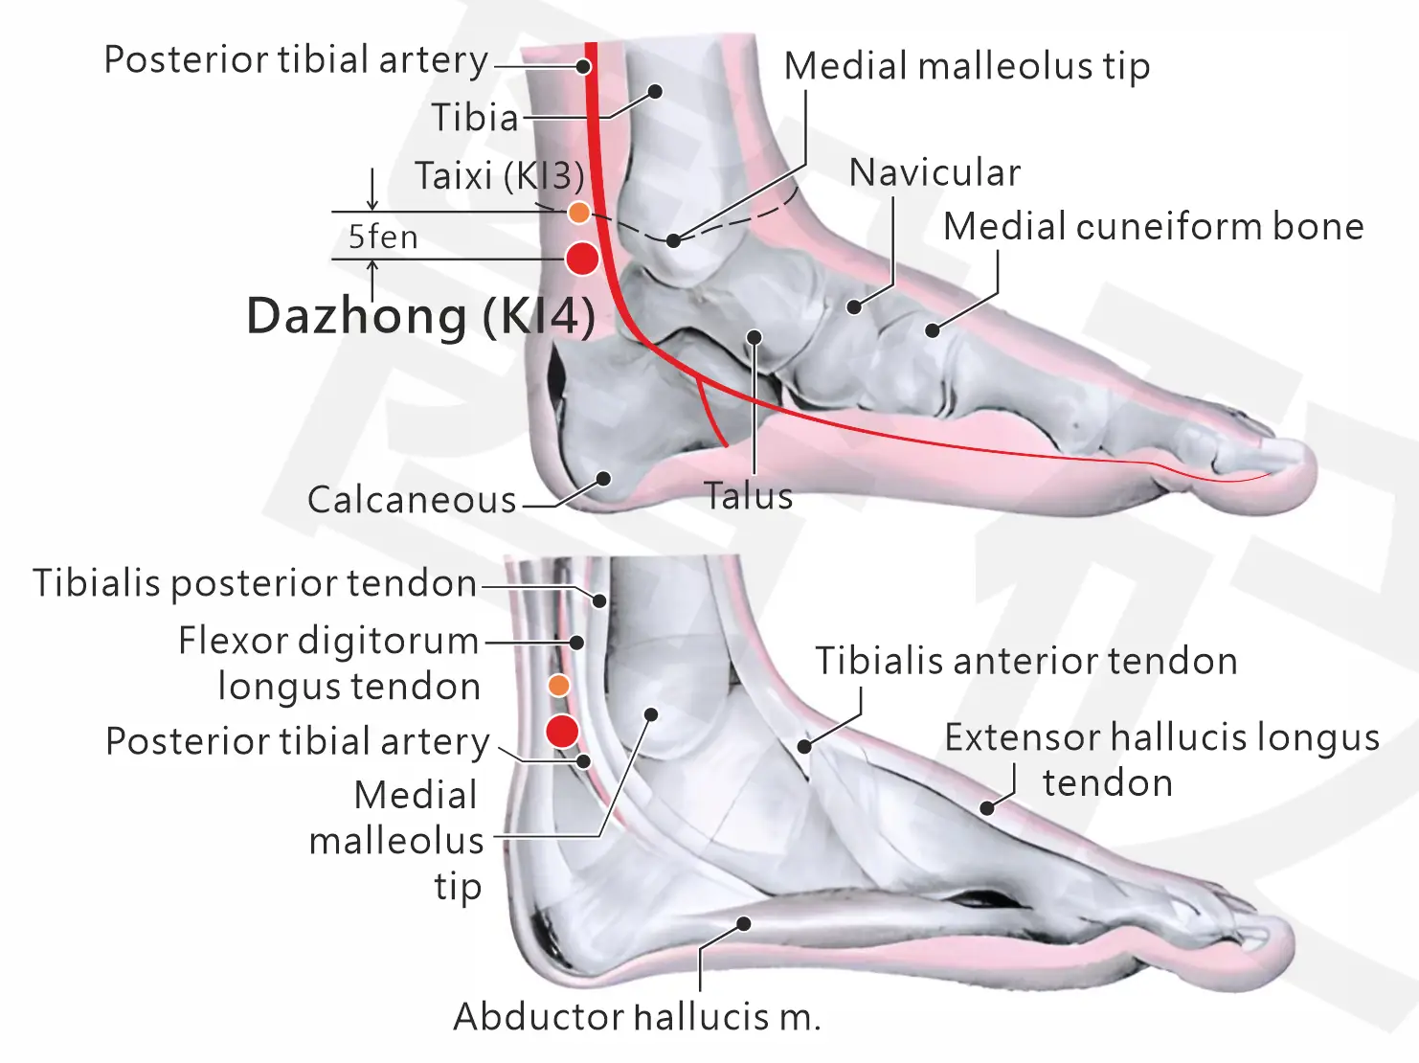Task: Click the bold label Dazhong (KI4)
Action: pos(421,316)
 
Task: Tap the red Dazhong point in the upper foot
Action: pos(582,259)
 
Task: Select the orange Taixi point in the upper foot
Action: pos(578,212)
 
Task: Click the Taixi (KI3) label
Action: pos(499,175)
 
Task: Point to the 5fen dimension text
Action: pos(383,237)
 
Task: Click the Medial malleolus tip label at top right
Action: pos(966,66)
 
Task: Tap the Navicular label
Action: pos(935,172)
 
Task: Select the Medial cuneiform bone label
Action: pos(1154,226)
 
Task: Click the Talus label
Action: pos(749,496)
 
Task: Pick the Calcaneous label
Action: pos(412,500)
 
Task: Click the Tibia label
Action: pos(475,118)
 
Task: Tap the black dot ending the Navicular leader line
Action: pos(855,307)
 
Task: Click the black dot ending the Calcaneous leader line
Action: pos(604,479)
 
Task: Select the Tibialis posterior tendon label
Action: pos(255,583)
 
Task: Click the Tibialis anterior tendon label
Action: pos(1025,661)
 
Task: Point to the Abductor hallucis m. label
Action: pos(637,1017)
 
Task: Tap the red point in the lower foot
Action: pos(562,732)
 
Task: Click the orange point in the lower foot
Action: pos(559,686)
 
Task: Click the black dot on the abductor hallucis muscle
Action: pos(745,924)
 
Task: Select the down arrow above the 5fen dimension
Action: pos(372,190)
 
